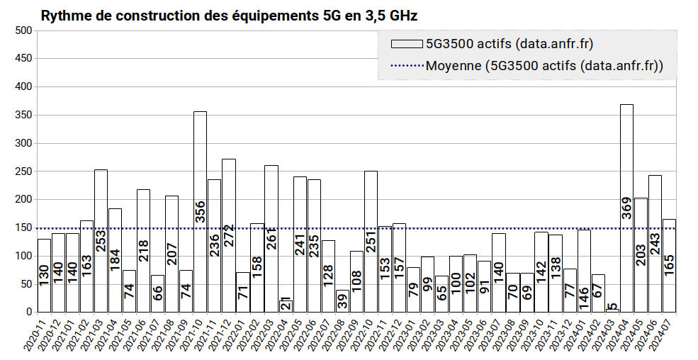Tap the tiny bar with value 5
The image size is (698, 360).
point(612,310)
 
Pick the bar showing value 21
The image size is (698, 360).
point(286,305)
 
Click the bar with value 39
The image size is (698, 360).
point(342,300)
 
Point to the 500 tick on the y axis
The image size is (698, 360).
point(23,30)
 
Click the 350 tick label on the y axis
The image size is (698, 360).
point(23,115)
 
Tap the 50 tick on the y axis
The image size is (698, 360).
point(26,283)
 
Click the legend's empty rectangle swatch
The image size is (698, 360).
point(407,44)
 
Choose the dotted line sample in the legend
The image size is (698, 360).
point(407,66)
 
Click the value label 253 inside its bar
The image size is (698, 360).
point(101,242)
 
